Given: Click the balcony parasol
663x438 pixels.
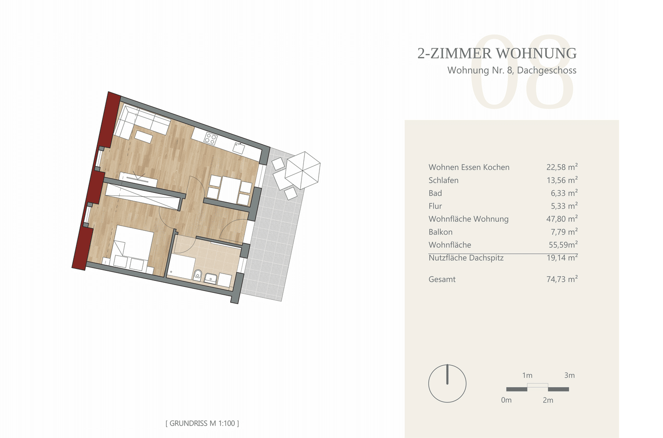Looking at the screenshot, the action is pos(302,170).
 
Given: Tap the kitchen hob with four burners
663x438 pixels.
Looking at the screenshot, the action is pos(211,139).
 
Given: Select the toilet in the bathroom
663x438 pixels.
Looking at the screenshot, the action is pos(198,274).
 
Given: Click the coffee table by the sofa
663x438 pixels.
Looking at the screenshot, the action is pos(144,137).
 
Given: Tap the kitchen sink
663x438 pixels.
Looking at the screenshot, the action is pos(239,147).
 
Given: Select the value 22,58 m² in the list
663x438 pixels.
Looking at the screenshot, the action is pos(562,167).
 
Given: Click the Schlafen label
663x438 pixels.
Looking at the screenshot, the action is pos(443,180).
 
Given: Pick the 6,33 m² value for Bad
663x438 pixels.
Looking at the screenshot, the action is pos(564,193).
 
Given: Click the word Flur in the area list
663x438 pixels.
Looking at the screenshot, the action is pos(435,206).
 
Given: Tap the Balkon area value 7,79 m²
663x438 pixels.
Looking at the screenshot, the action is pos(564,232).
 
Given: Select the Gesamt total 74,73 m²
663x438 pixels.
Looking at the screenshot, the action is pos(562,279).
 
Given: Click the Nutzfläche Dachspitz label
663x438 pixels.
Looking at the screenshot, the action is pos(466,258).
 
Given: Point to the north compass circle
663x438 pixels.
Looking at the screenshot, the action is pos(447,384).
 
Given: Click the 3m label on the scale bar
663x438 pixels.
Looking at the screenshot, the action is pos(570,375).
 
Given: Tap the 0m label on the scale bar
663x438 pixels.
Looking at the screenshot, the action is pos(506,400).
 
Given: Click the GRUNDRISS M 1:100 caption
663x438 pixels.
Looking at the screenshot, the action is pos(202,423).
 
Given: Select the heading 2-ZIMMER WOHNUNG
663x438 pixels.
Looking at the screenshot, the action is pos(497,53).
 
